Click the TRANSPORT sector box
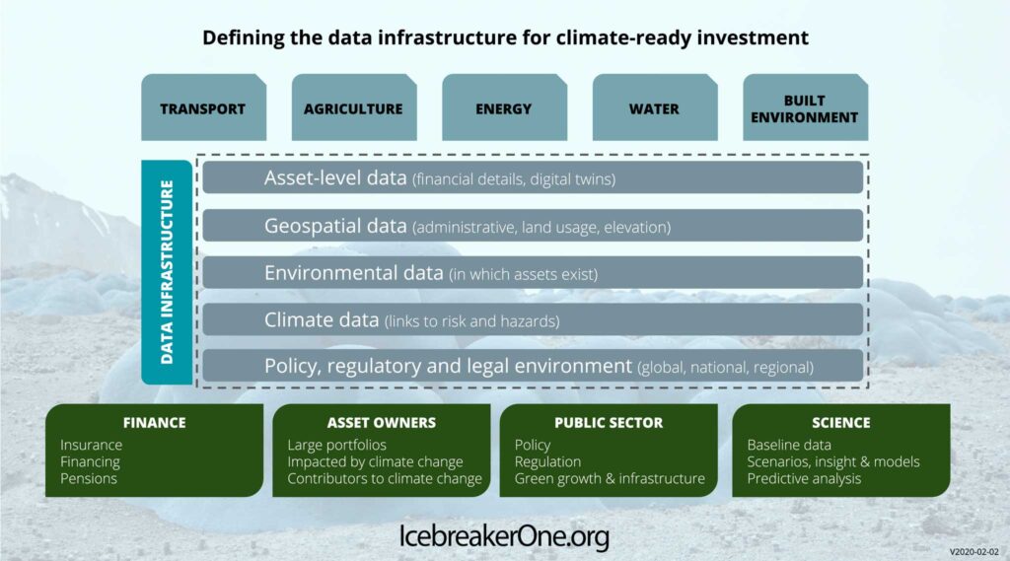click(203, 106)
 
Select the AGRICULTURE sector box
click(354, 106)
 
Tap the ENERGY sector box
click(504, 106)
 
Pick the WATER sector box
click(655, 106)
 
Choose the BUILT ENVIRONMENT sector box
click(805, 106)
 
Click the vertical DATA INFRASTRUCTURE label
click(167, 272)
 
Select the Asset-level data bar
click(533, 177)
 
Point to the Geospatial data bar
click(533, 226)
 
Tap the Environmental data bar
click(533, 272)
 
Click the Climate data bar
click(533, 319)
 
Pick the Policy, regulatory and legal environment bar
click(533, 366)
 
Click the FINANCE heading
click(155, 423)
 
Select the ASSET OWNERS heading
click(382, 423)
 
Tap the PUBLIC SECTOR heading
click(609, 423)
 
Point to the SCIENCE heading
click(841, 423)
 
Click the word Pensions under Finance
click(89, 478)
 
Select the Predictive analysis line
click(804, 479)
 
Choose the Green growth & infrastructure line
click(610, 479)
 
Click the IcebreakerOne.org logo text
click(504, 536)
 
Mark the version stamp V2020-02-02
click(974, 552)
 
